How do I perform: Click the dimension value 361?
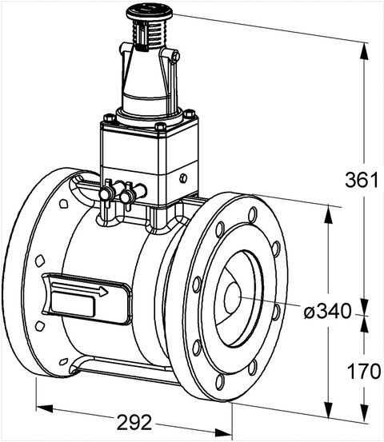[362, 180]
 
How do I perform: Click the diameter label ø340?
[327, 312]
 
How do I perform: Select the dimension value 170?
[364, 371]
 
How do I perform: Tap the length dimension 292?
[134, 422]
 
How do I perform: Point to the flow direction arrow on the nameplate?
[80, 290]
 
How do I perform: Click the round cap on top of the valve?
[150, 13]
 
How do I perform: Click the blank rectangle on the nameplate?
[74, 305]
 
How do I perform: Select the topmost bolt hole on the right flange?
[253, 214]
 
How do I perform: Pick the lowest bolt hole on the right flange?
[220, 382]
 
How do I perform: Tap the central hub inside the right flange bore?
[232, 297]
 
